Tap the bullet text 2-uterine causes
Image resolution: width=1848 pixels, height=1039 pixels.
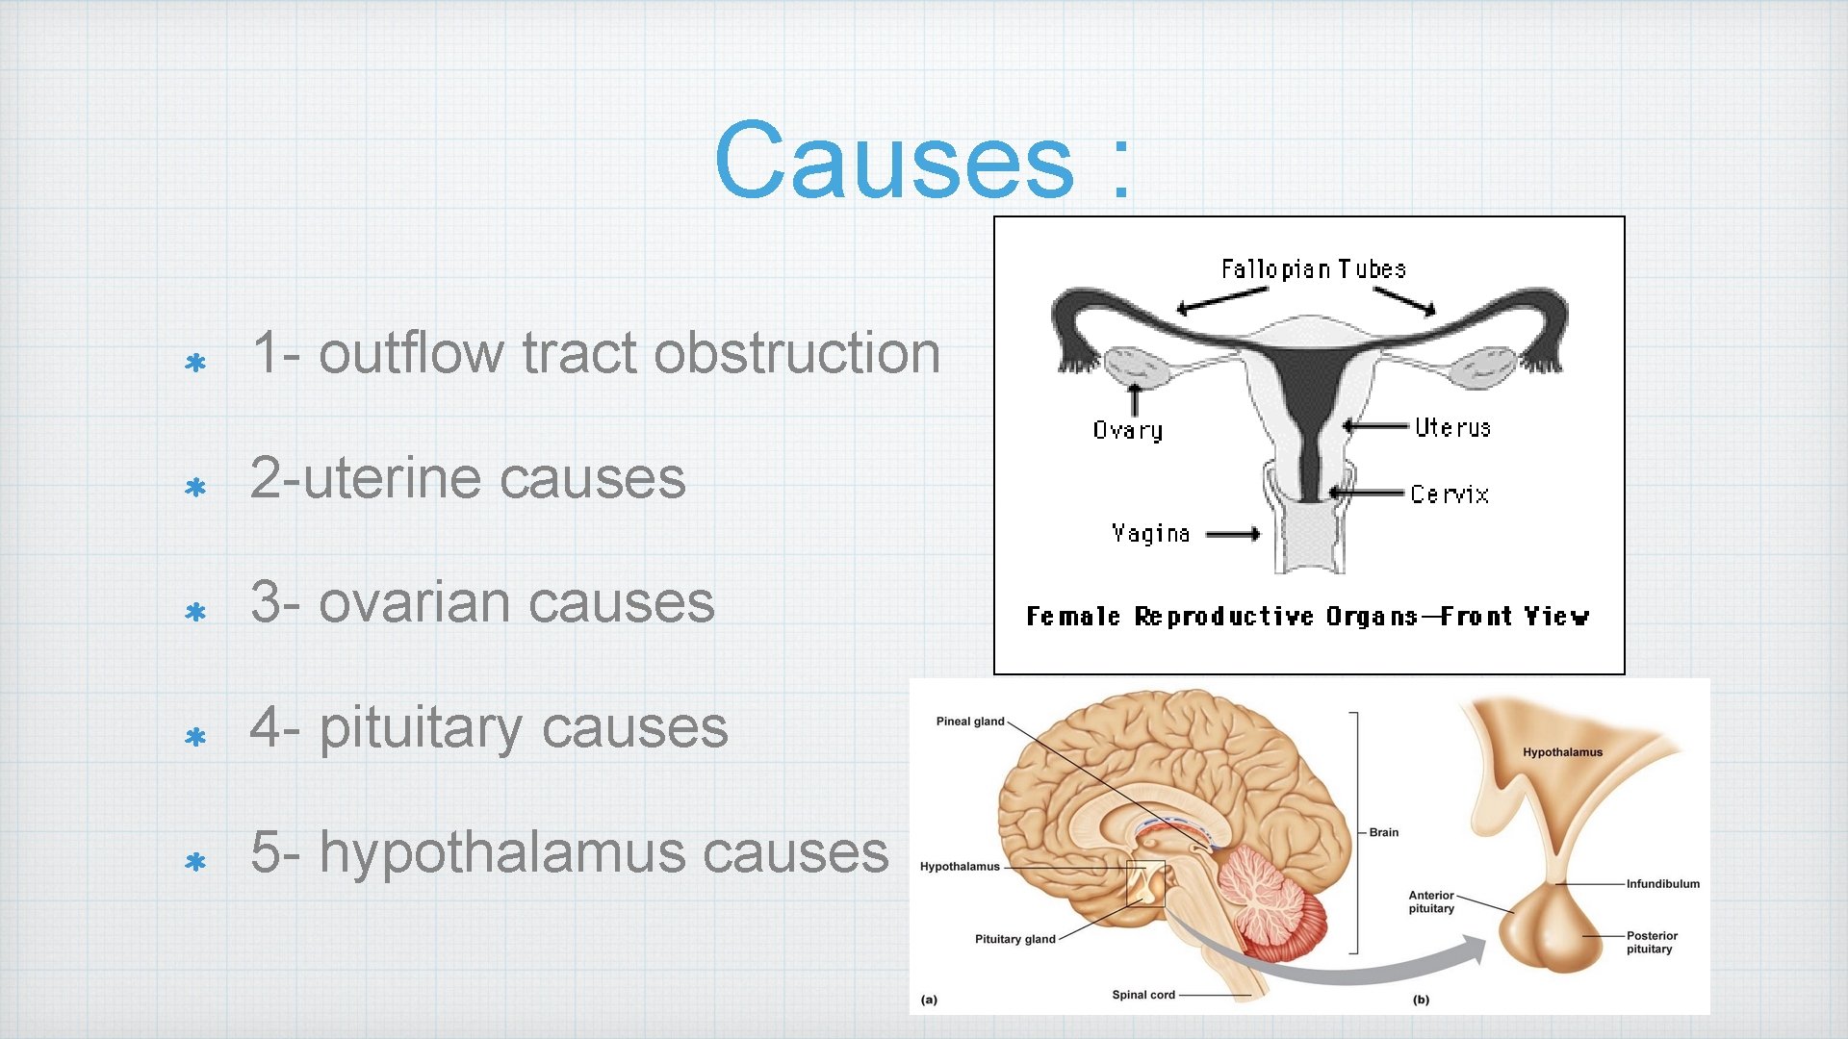click(468, 478)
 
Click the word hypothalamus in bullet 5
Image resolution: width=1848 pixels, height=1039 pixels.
click(501, 853)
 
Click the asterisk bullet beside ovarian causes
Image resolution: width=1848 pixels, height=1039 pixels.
click(195, 613)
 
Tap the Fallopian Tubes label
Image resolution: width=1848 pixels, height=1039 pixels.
click(1313, 269)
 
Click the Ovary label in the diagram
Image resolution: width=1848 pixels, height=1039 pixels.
click(1127, 431)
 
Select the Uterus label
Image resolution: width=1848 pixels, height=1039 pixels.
click(1452, 427)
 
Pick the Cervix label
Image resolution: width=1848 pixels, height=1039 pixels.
click(1450, 494)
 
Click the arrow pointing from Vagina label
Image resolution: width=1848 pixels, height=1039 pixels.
click(1233, 535)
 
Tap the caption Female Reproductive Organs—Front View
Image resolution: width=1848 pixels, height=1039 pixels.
click(1307, 617)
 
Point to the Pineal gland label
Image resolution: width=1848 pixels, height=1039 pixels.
click(969, 722)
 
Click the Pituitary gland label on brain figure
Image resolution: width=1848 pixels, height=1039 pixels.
click(1014, 939)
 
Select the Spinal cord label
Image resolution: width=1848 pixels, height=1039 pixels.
click(1142, 995)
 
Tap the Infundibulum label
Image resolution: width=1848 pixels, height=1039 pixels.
click(1662, 884)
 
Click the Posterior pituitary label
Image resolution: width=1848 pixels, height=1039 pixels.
click(1651, 942)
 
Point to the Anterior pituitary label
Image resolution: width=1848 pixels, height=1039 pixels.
click(1431, 901)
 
